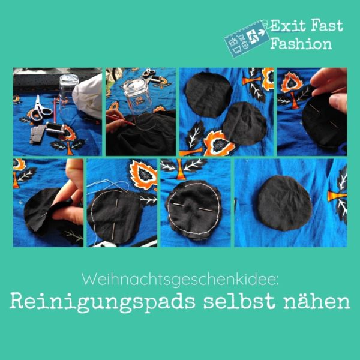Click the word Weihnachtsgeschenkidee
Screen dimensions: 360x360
[180, 280]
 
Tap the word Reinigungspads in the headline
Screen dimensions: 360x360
[102, 301]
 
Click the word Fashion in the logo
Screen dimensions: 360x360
[301, 43]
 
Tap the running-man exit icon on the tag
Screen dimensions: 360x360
[253, 36]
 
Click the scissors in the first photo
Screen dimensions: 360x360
[40, 110]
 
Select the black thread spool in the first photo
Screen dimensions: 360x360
[55, 128]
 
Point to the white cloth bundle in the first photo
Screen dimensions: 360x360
[88, 97]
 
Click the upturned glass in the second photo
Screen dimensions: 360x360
[138, 97]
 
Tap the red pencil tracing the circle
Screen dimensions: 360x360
[121, 121]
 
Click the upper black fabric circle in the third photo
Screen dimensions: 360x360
[209, 95]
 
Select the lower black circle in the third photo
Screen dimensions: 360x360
[245, 124]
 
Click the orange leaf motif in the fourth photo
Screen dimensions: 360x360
[291, 83]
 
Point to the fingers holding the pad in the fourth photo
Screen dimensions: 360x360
[331, 88]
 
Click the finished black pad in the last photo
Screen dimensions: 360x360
[284, 203]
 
